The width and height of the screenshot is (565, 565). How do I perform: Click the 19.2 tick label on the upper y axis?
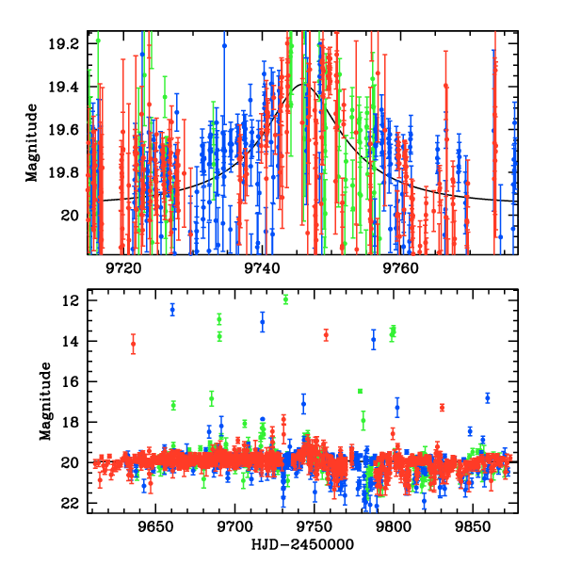point(65,44)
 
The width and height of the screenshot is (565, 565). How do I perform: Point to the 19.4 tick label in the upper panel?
point(65,87)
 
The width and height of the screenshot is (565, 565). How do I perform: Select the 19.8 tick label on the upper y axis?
point(65,173)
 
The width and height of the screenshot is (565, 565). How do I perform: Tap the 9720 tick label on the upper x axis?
point(122,267)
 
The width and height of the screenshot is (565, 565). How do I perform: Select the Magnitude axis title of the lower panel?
point(44,404)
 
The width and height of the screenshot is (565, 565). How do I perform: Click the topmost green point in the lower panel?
point(285,299)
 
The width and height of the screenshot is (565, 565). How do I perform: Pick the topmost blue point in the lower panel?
point(172,309)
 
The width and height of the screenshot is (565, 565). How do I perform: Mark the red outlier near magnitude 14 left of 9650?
point(133,344)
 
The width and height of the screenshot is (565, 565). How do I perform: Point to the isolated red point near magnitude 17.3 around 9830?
point(442,408)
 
